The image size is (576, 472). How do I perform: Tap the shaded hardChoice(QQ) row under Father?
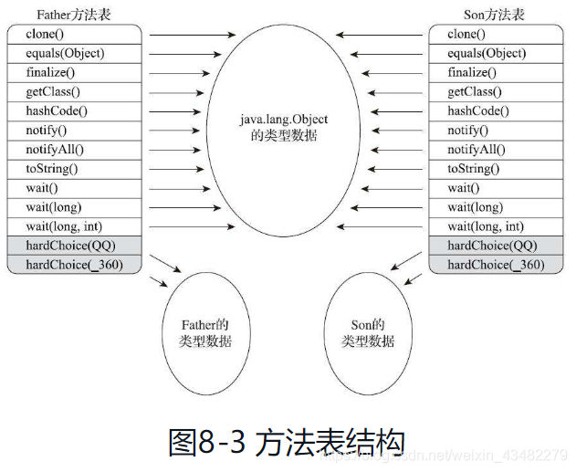click(73, 246)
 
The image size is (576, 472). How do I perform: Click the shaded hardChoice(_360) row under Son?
click(498, 265)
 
